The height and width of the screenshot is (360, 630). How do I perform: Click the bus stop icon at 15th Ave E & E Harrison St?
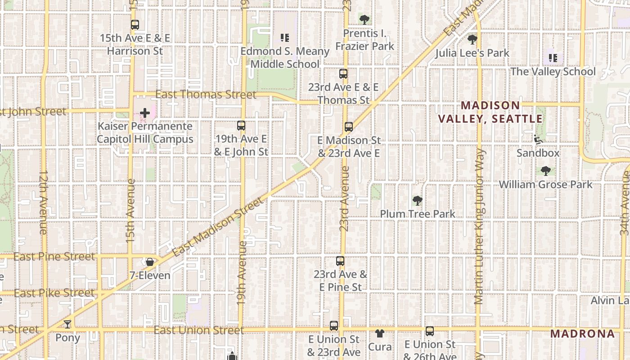135,25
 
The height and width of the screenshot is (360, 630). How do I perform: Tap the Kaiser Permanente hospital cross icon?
145,113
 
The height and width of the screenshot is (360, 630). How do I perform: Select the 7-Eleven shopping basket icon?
150,262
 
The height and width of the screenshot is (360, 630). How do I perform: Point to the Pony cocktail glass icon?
67,324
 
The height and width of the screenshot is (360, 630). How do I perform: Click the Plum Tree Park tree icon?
418,201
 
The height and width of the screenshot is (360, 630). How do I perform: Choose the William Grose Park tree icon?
546,171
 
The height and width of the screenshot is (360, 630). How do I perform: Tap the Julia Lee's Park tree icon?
472,40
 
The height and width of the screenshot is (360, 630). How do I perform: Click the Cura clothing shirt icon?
380,333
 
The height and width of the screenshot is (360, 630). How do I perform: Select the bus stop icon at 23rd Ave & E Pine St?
340,261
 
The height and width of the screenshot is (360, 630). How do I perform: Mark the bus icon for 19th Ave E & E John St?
241,126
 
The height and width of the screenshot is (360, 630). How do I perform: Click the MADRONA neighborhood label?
582,333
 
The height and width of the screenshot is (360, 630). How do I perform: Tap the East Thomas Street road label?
206,94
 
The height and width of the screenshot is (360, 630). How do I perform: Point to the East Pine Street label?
54,256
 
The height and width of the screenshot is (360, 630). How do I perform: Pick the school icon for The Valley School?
553,58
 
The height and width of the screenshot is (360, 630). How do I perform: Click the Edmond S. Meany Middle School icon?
284,38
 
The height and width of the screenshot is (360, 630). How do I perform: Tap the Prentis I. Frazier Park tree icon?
364,19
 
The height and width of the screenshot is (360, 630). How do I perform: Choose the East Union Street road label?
198,330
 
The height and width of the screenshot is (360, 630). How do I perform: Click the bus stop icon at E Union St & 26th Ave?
430,331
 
